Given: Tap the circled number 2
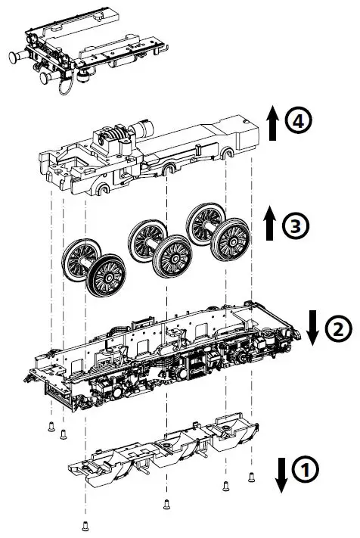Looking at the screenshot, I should point(338,328).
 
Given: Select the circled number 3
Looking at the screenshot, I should point(295,225).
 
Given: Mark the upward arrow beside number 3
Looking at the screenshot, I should point(270,224).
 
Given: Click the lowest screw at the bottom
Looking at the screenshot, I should point(85,525).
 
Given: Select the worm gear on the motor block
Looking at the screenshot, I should point(112,141).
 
